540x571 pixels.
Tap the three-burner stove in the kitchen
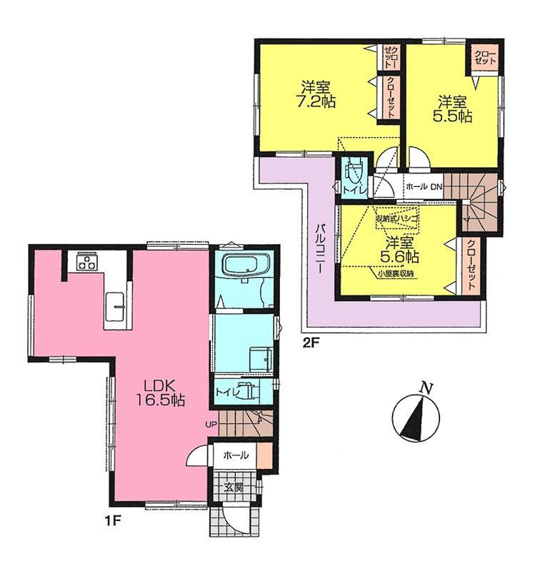point(88,262)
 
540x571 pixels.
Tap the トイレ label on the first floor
point(225,392)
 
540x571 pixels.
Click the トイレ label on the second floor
point(354,188)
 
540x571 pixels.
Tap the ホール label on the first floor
point(236,455)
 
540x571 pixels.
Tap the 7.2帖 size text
point(316,102)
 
